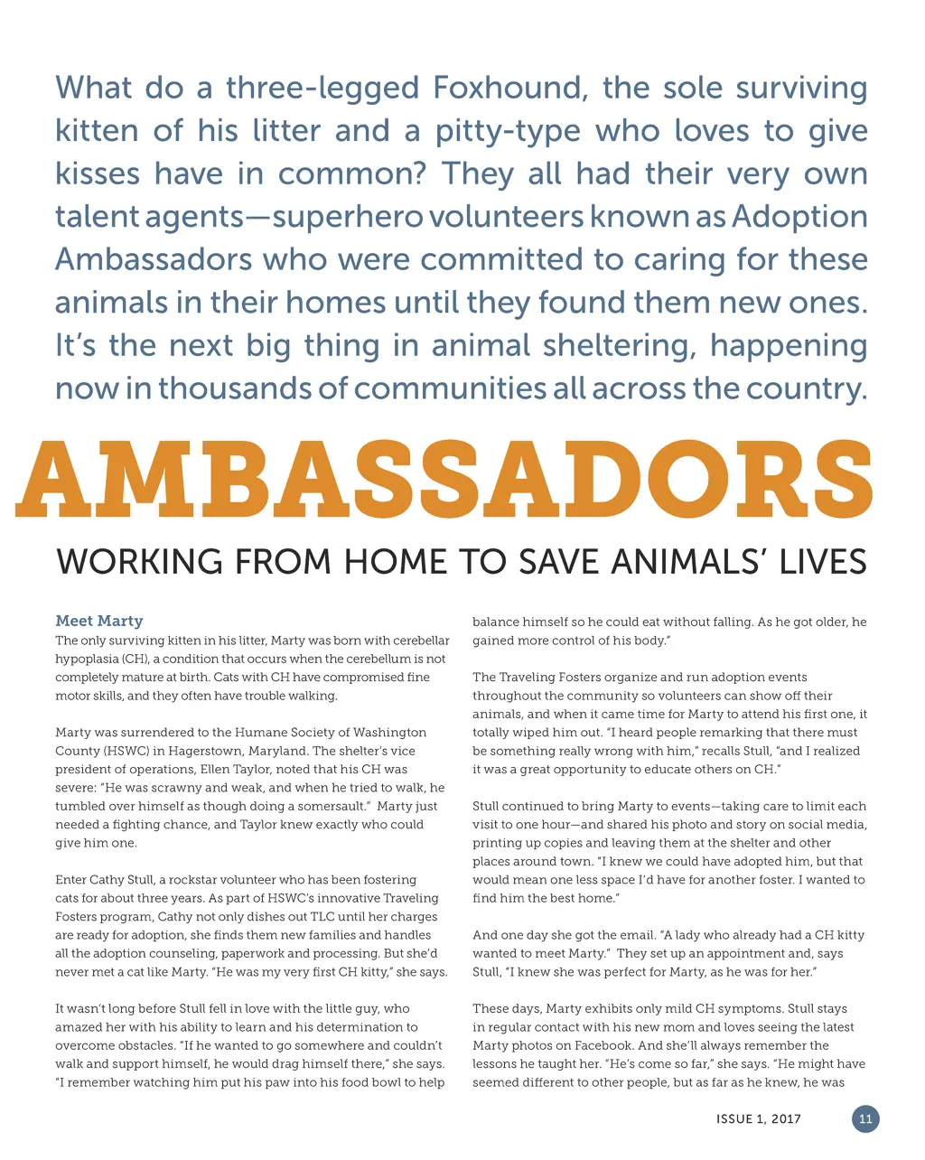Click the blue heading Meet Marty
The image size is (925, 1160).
99,621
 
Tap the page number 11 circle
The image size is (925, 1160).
865,1119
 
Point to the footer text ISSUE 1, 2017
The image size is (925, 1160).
758,1119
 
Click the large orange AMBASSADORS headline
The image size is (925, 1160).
444,480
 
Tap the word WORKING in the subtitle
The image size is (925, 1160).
139,562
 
